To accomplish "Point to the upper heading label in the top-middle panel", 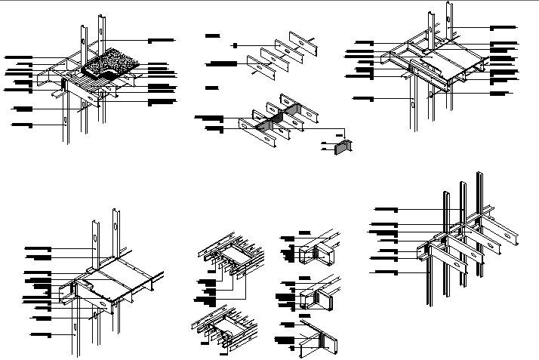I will pyautogui.click(x=213, y=35).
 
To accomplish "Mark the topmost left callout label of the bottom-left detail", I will pyautogui.click(x=38, y=248).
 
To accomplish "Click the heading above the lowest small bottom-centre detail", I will pyautogui.click(x=287, y=323).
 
